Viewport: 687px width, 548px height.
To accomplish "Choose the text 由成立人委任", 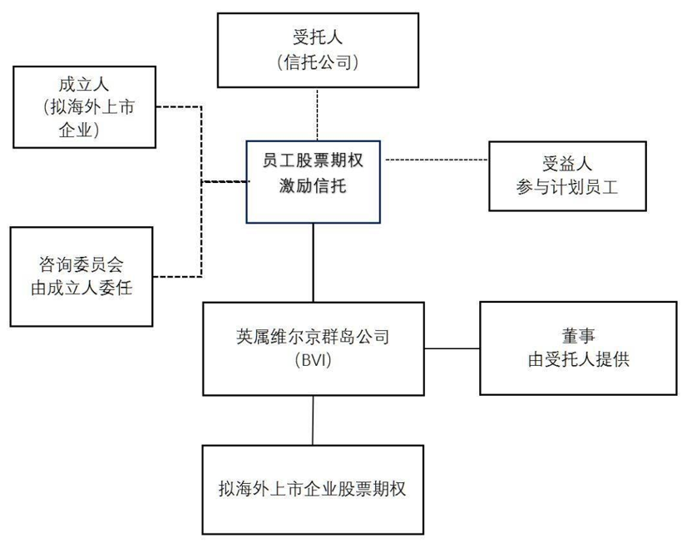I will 82,289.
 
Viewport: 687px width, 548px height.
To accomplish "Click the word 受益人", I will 567,164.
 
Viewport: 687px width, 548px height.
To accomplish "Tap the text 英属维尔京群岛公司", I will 313,338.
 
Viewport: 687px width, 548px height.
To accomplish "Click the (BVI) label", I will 313,361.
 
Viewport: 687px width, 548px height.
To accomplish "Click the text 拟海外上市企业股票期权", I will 313,489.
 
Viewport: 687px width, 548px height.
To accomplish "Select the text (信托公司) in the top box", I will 319,62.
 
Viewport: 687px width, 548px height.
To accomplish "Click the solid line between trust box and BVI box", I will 314,262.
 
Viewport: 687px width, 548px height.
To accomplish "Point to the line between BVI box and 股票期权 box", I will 314,420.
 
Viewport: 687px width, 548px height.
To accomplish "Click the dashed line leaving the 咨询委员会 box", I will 179,275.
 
